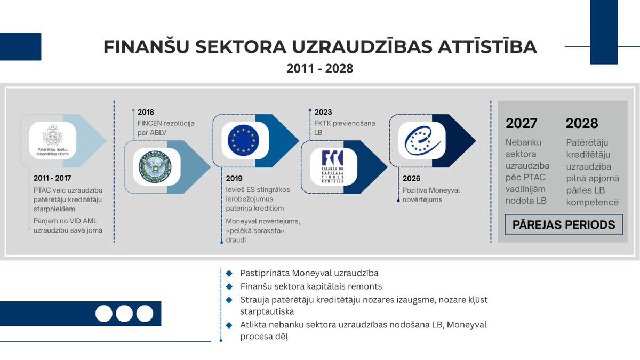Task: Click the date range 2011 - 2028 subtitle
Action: click(x=319, y=69)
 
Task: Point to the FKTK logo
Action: click(x=332, y=166)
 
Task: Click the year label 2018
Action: click(x=146, y=113)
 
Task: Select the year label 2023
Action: click(x=323, y=113)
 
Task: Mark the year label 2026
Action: click(x=411, y=179)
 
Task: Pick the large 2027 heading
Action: click(x=522, y=123)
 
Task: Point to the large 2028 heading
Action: click(x=582, y=123)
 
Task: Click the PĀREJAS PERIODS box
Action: click(x=564, y=225)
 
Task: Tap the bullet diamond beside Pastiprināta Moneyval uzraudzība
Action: click(x=229, y=273)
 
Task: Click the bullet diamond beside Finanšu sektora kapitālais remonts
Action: click(x=229, y=286)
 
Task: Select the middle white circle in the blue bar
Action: click(x=124, y=313)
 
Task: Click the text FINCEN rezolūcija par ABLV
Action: click(x=166, y=129)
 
